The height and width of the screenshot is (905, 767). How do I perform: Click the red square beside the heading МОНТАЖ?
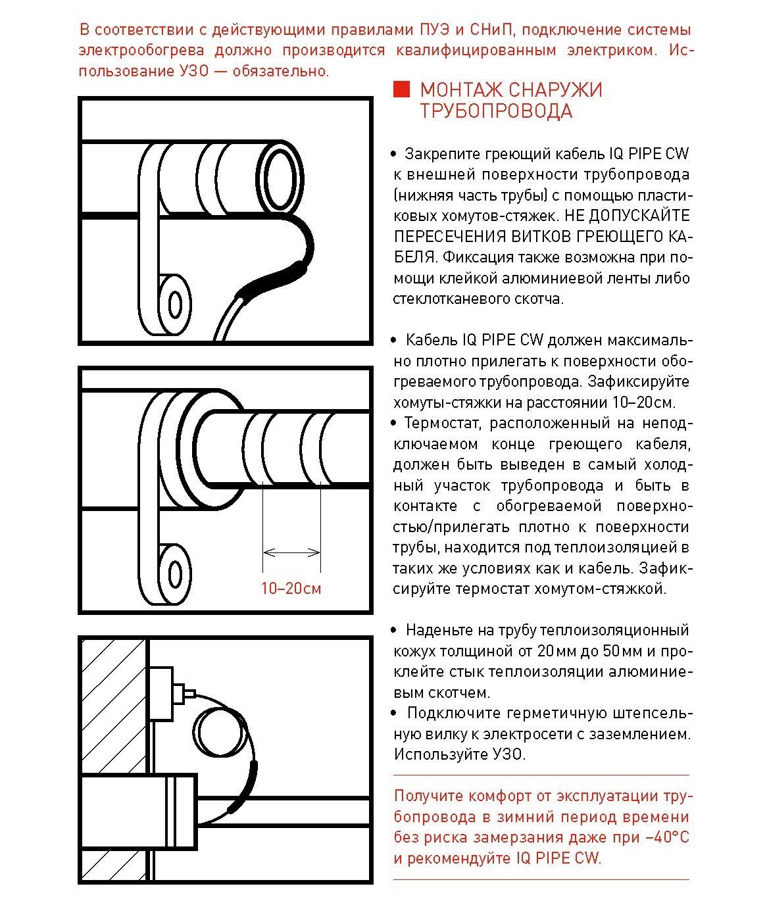(x=401, y=90)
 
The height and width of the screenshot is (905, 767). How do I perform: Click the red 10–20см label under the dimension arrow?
(x=291, y=588)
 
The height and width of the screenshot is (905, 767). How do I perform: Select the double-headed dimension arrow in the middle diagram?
(x=291, y=552)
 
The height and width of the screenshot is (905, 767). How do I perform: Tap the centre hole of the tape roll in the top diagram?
(x=175, y=305)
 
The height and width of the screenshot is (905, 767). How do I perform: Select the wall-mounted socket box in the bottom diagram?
(x=161, y=693)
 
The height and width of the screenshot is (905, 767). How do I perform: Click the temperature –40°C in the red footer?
(x=667, y=837)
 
